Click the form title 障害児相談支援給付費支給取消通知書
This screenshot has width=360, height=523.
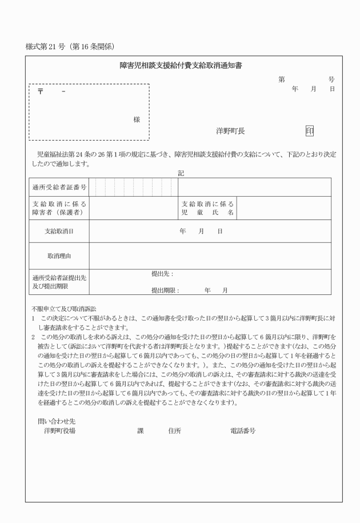181,66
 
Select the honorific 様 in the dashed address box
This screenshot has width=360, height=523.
137,120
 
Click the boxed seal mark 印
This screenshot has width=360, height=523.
310,131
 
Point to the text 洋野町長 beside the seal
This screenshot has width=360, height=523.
230,131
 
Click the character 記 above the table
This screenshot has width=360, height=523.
181,172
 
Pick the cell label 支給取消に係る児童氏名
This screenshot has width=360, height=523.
207,208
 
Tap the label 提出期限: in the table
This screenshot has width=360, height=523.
165,290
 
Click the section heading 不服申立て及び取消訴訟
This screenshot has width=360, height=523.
64,309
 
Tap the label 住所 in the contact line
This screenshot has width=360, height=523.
174,430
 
